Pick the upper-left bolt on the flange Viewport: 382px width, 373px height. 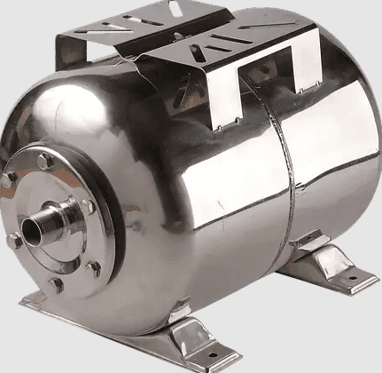[x=9, y=180]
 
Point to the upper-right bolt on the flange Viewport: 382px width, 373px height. [x=87, y=206]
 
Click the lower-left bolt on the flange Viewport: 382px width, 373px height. [x=14, y=241]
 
